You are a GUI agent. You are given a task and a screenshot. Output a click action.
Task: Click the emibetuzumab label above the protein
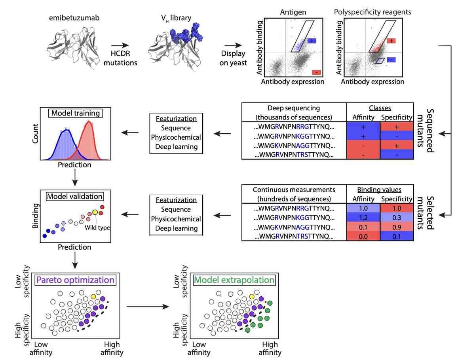pyautogui.click(x=70, y=18)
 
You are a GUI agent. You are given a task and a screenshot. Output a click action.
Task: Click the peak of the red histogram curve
pyautogui.click(x=89, y=123)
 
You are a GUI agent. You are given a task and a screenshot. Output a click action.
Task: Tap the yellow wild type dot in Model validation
pyautogui.click(x=95, y=212)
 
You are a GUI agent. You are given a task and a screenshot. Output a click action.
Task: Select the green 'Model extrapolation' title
pyautogui.click(x=234, y=280)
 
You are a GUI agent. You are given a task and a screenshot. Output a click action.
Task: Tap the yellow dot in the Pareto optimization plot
pyautogui.click(x=93, y=296)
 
